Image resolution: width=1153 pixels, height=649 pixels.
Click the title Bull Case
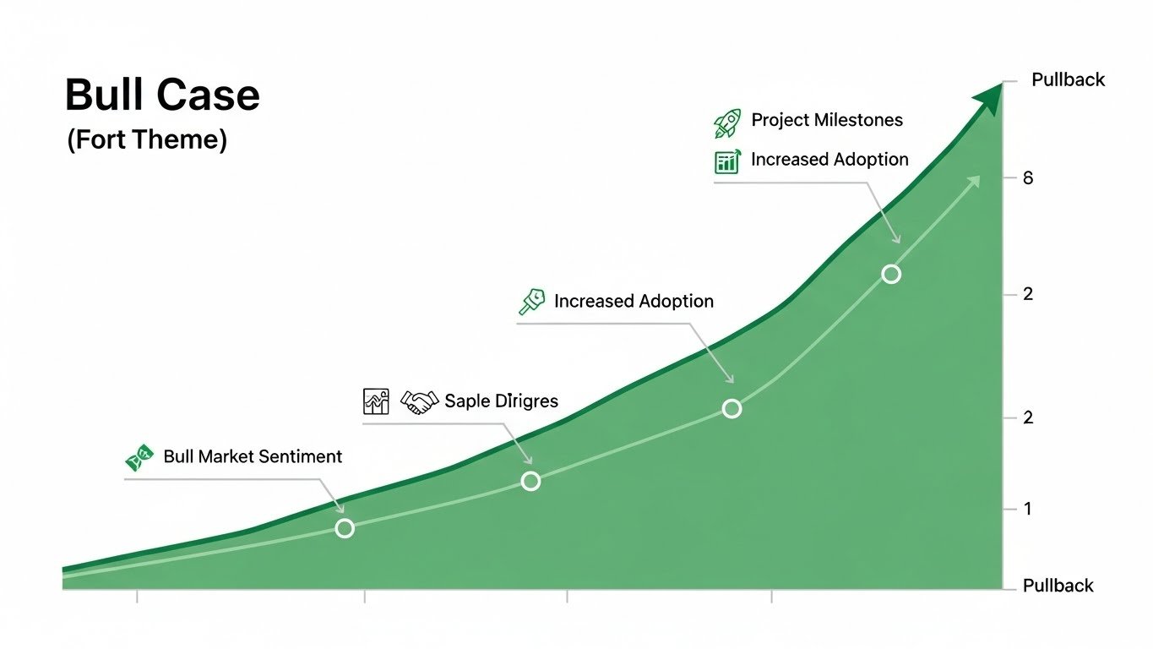[162, 95]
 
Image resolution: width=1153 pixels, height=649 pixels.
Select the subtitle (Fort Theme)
[147, 139]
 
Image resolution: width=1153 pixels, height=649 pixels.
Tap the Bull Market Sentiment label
[253, 457]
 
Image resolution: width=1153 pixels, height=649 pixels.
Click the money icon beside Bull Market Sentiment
[139, 458]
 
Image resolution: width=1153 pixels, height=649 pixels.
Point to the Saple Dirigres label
[501, 401]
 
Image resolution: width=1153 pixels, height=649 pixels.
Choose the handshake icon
[419, 401]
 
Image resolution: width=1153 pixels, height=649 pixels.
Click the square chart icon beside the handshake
[375, 401]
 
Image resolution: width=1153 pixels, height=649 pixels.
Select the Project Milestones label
[827, 120]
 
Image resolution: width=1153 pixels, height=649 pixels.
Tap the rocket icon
[727, 123]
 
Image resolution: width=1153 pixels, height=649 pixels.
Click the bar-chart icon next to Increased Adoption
[727, 161]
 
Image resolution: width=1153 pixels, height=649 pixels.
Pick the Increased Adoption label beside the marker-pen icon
[634, 302]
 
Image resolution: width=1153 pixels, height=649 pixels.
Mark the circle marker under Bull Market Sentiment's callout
[345, 528]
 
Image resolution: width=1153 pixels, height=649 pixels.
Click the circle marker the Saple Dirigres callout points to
[530, 481]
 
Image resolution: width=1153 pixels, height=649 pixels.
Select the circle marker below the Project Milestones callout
[891, 274]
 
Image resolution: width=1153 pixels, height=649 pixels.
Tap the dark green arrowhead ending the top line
[989, 98]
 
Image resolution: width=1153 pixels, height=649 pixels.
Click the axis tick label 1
[1028, 509]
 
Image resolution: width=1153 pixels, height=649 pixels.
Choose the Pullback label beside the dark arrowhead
[1068, 80]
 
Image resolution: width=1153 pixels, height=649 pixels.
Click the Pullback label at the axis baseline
[1058, 586]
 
